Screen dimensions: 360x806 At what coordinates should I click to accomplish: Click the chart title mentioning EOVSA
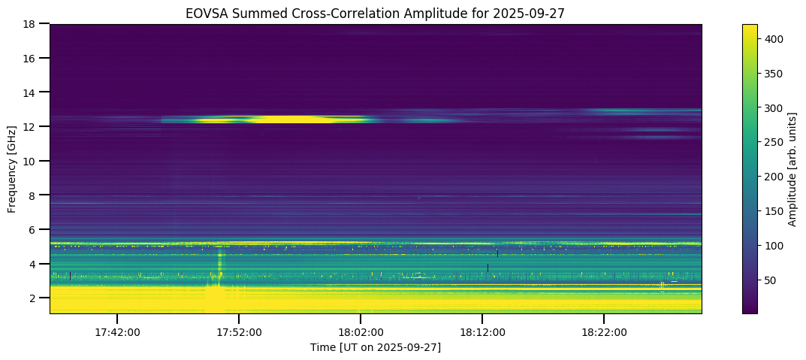pos(376,13)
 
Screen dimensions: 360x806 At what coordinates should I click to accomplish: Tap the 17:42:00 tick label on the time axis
pos(116,331)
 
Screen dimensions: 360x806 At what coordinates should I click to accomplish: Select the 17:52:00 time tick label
pos(239,331)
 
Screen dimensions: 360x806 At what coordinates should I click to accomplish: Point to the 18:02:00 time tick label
pos(361,331)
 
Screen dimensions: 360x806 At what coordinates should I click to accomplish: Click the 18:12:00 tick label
pos(482,331)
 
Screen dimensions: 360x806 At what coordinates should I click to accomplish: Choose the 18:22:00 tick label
pos(605,331)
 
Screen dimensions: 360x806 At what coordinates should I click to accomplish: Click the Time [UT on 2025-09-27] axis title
pos(376,347)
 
